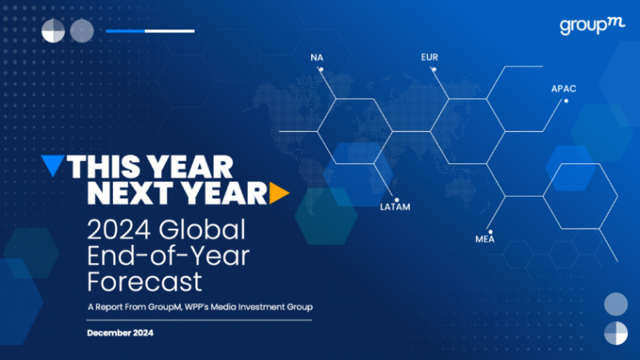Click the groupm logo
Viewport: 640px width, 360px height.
[x=592, y=26]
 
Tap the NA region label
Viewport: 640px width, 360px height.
[x=317, y=58]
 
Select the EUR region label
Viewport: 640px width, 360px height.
[x=430, y=57]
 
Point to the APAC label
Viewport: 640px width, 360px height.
[x=564, y=89]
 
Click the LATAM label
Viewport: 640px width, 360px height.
[x=395, y=207]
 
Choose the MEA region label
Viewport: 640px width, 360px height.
[x=485, y=239]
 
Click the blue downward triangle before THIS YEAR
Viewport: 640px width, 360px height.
[x=53, y=166]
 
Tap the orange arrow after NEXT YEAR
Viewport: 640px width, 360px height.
[x=279, y=193]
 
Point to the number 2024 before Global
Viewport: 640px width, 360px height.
[x=118, y=230]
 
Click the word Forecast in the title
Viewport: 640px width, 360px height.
[x=145, y=282]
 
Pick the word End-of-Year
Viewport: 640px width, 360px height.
[x=168, y=256]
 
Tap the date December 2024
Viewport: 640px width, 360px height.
[x=121, y=333]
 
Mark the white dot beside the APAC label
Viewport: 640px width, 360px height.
[x=566, y=101]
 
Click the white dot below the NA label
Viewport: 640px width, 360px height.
[x=322, y=70]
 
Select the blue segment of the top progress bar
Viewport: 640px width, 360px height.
[x=126, y=31]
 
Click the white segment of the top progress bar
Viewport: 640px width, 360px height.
[x=170, y=31]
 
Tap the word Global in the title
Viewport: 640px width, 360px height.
[x=202, y=230]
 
